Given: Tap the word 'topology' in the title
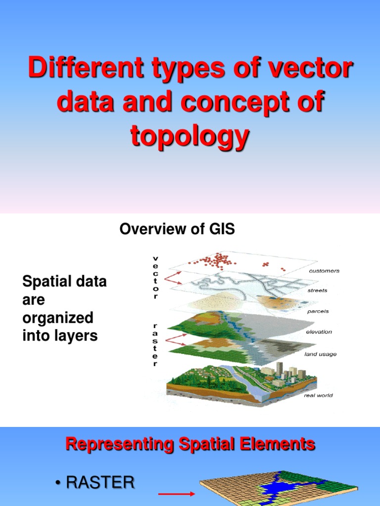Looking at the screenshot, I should click(x=190, y=136).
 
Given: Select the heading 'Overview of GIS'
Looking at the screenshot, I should click(x=177, y=229).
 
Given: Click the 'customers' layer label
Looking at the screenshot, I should click(x=324, y=271).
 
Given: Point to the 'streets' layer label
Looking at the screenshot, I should click(x=317, y=291).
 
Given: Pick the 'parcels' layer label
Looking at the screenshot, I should click(x=317, y=311).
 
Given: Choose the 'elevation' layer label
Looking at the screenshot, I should click(x=319, y=332).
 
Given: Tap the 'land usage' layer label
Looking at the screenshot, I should click(x=321, y=354).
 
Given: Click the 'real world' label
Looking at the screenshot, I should click(x=318, y=395).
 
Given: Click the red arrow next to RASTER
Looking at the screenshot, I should click(x=177, y=493).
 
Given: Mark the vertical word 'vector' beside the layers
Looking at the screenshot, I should click(x=156, y=277).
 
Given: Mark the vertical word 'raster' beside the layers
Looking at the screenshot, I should click(x=155, y=344).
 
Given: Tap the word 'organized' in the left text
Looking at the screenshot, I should click(x=58, y=318).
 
